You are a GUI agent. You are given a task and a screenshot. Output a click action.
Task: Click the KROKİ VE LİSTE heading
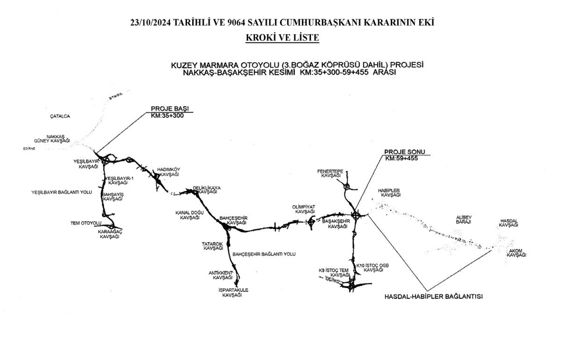tap(282, 37)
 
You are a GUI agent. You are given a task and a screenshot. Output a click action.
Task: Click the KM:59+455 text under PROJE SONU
tap(401, 158)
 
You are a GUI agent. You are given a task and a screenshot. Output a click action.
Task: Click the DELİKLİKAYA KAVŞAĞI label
tap(207, 190)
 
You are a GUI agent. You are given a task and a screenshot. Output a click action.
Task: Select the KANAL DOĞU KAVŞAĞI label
tap(189, 215)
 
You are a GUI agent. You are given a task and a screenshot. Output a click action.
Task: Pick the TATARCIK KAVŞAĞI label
tap(213, 246)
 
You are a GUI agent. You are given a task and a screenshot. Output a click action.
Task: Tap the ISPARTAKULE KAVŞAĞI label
tap(233, 293)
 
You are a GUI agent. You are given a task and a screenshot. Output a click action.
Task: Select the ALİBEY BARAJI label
tap(463, 219)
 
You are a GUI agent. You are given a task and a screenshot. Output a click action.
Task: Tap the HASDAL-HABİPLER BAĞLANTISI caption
tap(433, 296)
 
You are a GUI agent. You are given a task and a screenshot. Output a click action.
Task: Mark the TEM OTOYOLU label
tap(83, 223)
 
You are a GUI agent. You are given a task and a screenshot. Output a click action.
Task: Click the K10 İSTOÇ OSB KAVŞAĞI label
tap(373, 267)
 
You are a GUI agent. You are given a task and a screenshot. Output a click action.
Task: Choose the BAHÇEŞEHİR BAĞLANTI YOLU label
tap(264, 254)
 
